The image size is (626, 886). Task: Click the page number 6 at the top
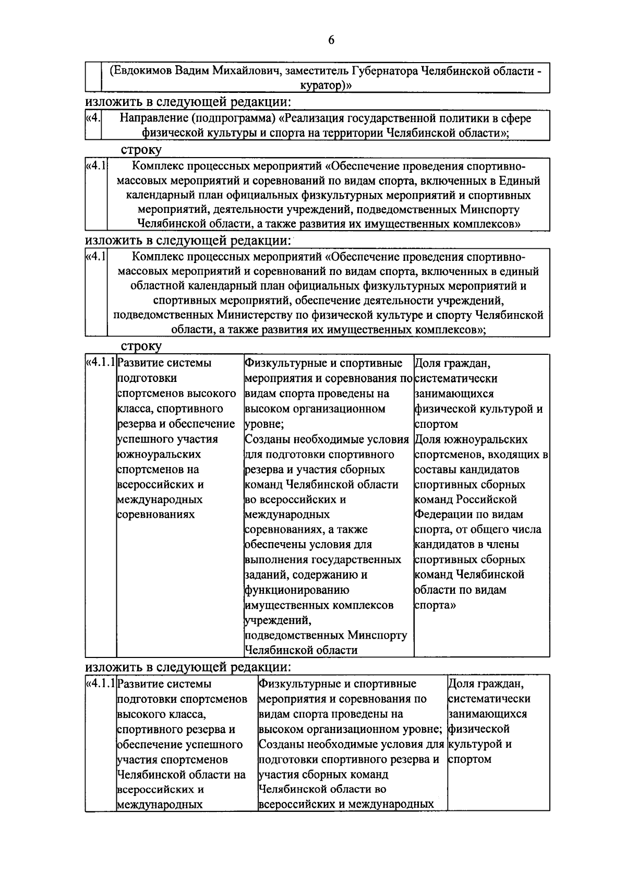[331, 41]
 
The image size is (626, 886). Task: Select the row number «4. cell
[93, 118]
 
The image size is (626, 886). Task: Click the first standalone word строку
[141, 150]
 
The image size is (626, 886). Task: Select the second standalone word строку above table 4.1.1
[141, 346]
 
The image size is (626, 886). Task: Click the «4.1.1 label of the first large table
[100, 362]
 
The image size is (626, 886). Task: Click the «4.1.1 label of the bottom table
[100, 683]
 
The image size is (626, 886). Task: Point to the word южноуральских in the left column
[159, 454]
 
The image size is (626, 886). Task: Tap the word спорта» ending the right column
[435, 605]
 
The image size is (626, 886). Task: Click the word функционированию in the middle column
[297, 590]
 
